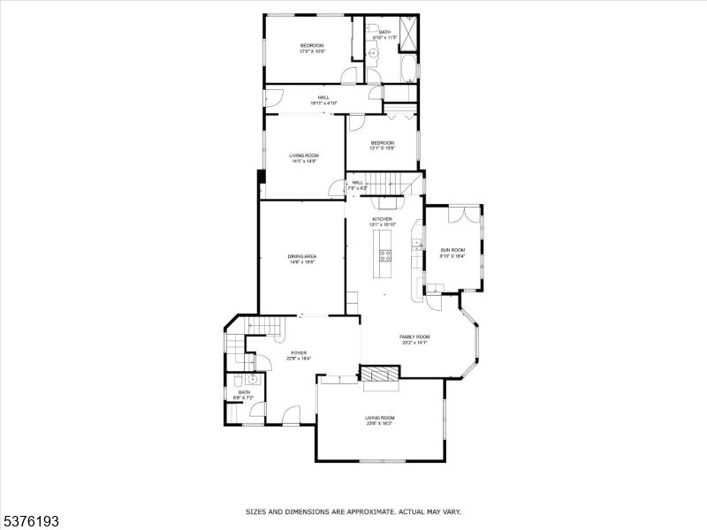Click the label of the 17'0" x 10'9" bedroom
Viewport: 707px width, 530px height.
coord(312,49)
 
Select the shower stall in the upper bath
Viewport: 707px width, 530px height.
coord(407,28)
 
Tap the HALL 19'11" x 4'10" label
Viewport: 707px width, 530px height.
coord(324,100)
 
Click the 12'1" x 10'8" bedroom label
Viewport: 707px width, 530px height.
coord(382,145)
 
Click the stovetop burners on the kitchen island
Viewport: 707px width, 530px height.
coord(386,255)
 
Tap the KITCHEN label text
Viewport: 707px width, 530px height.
coord(382,219)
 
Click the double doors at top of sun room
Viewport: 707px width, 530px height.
coord(461,214)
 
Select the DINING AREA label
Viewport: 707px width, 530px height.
coord(302,259)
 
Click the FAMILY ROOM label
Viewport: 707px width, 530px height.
coord(414,338)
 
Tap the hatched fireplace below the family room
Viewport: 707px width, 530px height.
coord(380,375)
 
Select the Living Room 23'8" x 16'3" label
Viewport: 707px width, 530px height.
coord(380,420)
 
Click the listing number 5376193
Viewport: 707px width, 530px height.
coord(32,521)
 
